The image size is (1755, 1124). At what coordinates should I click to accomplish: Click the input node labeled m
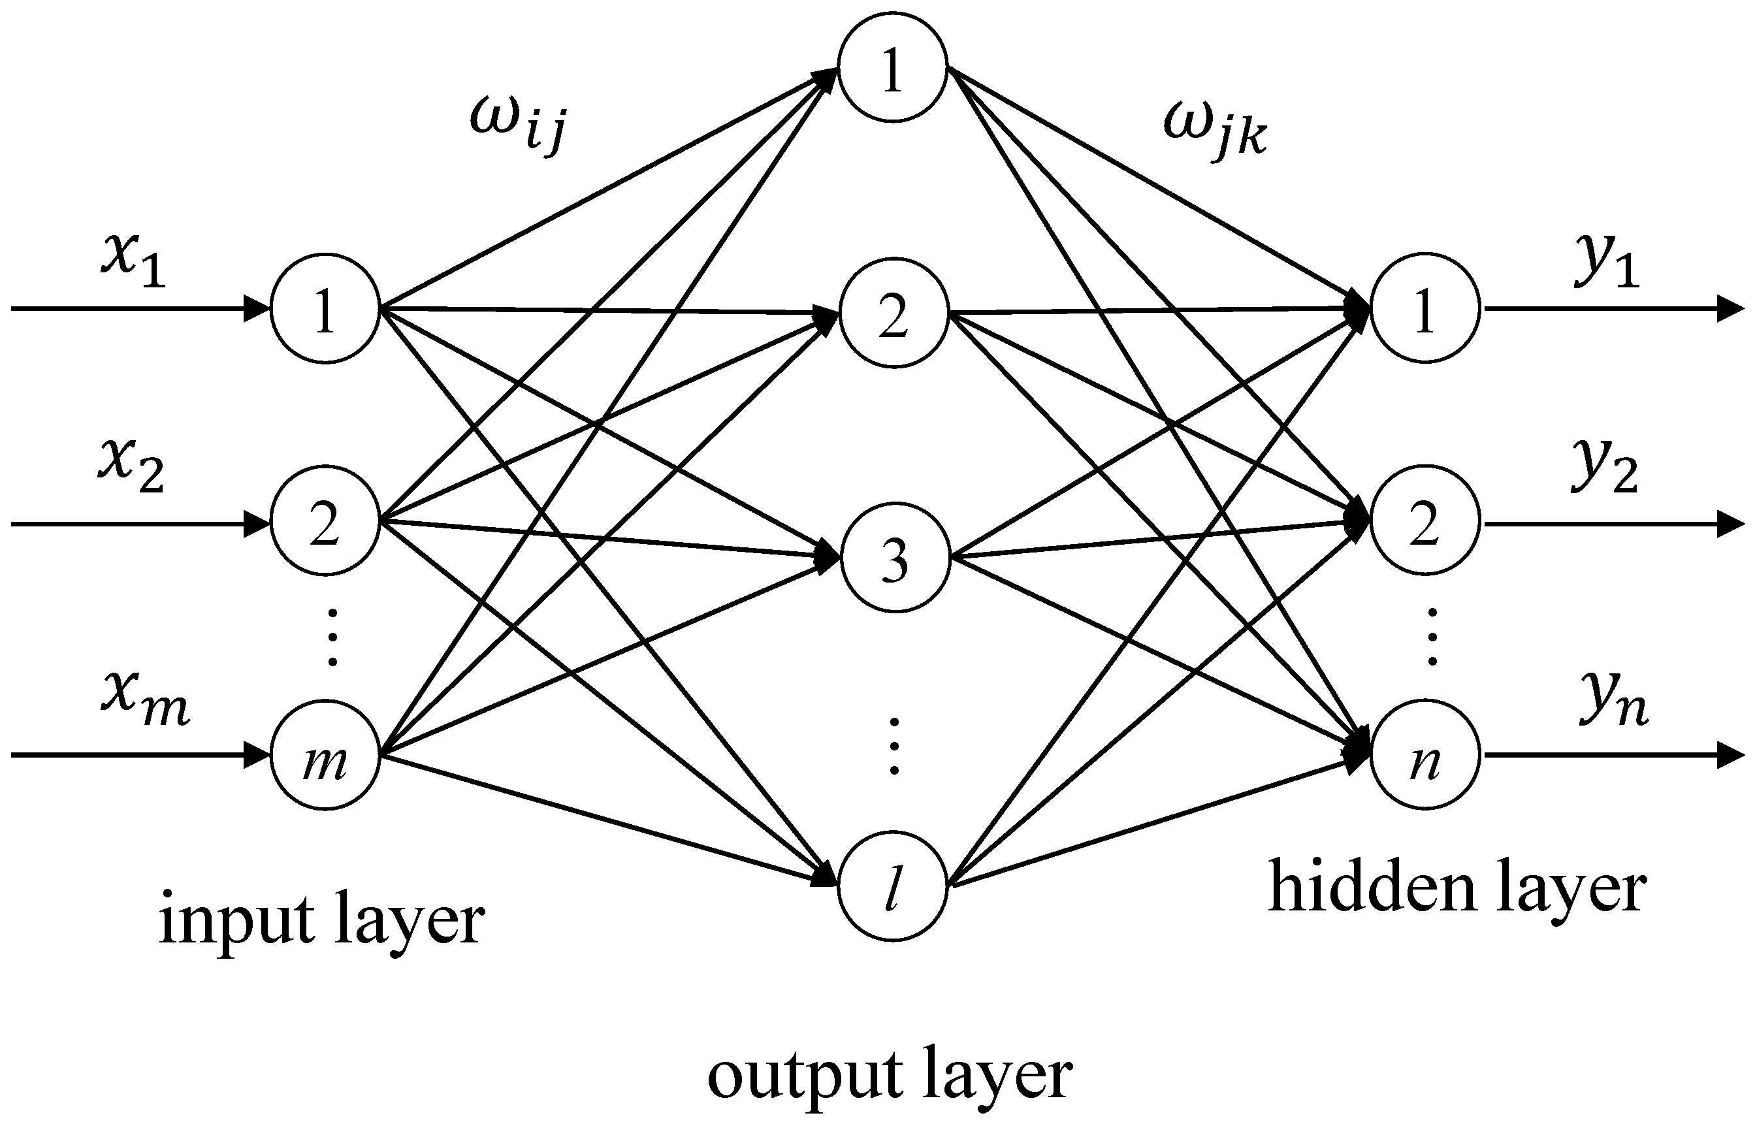point(325,756)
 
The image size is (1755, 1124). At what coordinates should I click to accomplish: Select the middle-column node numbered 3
point(895,558)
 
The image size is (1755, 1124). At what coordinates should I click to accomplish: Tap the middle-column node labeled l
point(892,887)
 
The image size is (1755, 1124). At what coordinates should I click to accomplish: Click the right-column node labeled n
point(1425,756)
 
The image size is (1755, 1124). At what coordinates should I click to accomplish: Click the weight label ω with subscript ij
point(517,124)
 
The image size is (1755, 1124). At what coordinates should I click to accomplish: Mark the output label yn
point(1613,699)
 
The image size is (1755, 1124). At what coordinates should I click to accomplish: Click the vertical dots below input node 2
point(332,636)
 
